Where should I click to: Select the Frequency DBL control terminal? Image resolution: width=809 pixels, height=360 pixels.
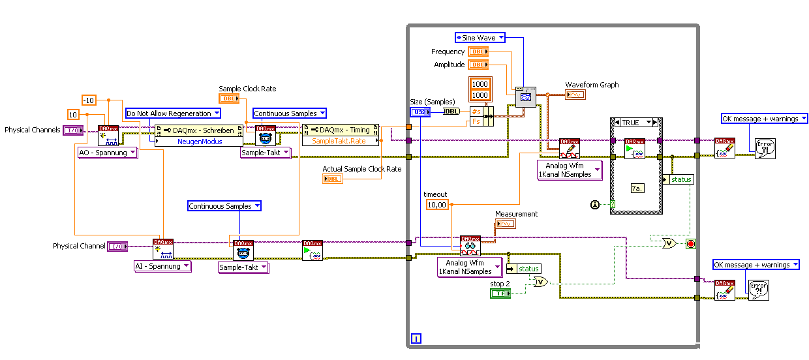(x=478, y=52)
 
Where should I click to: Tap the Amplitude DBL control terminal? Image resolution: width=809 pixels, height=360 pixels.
(x=478, y=65)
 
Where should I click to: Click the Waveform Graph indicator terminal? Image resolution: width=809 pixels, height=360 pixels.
(x=575, y=95)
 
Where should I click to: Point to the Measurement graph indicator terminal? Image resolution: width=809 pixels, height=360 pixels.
(x=505, y=224)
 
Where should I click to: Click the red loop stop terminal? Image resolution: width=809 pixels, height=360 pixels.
(x=691, y=244)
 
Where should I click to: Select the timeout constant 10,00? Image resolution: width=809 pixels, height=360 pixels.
(x=436, y=205)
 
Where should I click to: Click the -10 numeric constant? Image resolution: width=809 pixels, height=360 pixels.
(x=89, y=100)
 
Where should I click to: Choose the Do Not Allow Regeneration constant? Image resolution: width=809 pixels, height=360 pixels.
(x=168, y=113)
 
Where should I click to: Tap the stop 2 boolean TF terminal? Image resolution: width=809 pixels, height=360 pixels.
(x=500, y=294)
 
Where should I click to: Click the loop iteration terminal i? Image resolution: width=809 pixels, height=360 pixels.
(x=416, y=338)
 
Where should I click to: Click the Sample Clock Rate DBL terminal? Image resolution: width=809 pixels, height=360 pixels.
(x=229, y=98)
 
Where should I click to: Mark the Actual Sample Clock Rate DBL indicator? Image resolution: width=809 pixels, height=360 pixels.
(x=332, y=179)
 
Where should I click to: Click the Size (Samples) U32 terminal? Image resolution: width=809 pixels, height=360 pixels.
(x=418, y=112)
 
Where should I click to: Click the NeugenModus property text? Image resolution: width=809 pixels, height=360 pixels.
(x=200, y=141)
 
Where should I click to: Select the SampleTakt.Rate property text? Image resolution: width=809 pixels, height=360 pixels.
(x=340, y=141)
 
